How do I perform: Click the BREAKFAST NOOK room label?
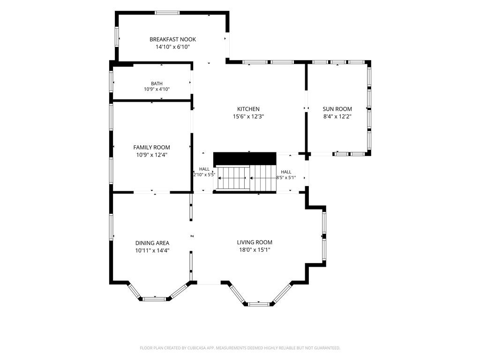[172, 39]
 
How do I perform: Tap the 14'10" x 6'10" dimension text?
[172, 47]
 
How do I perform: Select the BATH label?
[157, 83]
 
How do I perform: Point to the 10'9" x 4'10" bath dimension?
[157, 90]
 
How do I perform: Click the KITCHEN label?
[248, 109]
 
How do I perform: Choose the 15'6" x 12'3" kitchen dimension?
[248, 116]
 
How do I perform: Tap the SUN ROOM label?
[337, 109]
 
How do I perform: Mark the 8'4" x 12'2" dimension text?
[337, 116]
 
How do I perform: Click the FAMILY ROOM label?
[151, 148]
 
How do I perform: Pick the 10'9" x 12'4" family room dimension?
[151, 155]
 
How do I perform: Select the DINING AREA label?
[152, 243]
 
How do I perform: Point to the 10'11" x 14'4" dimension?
[152, 250]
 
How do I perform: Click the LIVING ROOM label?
[255, 242]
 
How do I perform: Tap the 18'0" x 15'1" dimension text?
[255, 250]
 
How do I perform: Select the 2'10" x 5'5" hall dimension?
[204, 175]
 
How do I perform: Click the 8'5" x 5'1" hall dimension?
[286, 177]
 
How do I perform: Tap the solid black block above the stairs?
[245, 159]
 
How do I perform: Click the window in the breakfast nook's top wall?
[166, 13]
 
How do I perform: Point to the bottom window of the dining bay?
[155, 299]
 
